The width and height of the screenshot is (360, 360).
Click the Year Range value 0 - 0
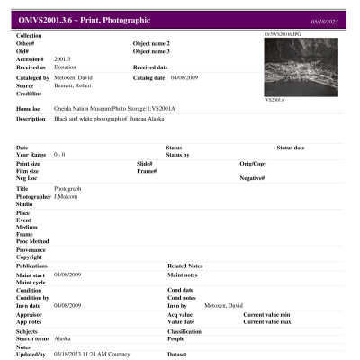[x=60, y=154]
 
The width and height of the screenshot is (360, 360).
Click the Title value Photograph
[x=68, y=187]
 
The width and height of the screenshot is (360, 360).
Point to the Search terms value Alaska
[x=63, y=338]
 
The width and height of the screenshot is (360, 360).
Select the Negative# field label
[x=256, y=178]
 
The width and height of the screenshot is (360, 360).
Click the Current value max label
[x=265, y=320]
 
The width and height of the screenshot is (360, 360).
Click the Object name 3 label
[x=151, y=50]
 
